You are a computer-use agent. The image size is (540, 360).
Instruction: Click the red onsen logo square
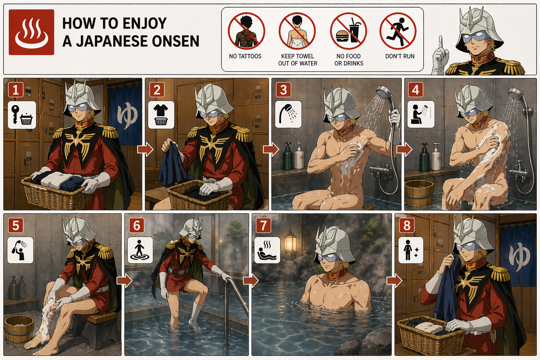[31, 32]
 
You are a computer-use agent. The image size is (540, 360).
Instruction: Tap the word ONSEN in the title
[176, 41]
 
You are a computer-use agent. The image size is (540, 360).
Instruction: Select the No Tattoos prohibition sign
[246, 31]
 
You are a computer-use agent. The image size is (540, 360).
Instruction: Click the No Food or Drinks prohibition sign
[348, 31]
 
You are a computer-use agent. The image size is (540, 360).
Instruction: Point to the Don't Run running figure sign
[398, 31]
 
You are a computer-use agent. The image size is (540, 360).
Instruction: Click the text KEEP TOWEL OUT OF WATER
[298, 60]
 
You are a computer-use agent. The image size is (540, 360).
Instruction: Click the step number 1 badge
[16, 90]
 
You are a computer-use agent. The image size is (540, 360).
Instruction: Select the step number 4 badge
[415, 90]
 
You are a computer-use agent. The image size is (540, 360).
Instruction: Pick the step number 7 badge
[263, 225]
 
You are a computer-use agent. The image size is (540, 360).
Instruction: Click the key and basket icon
[22, 115]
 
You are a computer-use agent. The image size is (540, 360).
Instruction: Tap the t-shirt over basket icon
[161, 115]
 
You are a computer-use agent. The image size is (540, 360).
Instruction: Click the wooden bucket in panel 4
[419, 193]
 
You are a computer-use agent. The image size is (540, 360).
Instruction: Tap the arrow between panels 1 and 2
[145, 149]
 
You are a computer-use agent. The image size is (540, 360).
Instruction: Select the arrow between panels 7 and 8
[394, 281]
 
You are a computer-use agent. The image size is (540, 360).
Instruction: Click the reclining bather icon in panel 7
[267, 250]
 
